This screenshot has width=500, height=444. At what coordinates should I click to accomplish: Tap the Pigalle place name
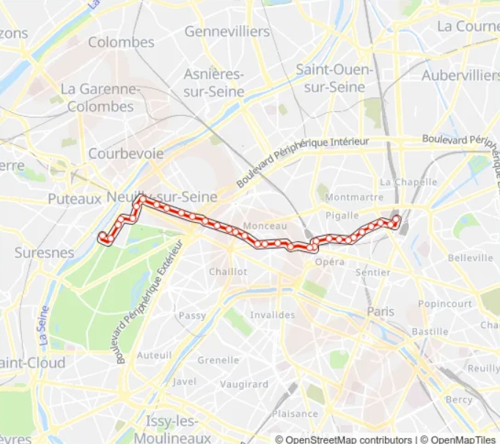pyautogui.click(x=342, y=215)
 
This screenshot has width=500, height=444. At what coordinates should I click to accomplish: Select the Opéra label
pyautogui.click(x=330, y=262)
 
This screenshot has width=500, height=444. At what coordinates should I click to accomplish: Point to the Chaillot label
pyautogui.click(x=228, y=271)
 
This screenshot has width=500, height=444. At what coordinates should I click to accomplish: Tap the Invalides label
pyautogui.click(x=273, y=315)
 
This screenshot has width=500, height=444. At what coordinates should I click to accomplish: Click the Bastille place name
pyautogui.click(x=430, y=331)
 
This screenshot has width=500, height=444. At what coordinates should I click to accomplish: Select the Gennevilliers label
pyautogui.click(x=227, y=32)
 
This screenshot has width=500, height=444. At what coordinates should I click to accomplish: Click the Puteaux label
pyautogui.click(x=73, y=199)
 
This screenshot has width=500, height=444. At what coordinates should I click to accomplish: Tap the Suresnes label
pyautogui.click(x=44, y=253)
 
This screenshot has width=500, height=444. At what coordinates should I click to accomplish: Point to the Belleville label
pyautogui.click(x=471, y=258)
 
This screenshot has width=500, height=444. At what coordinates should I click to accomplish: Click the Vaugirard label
pyautogui.click(x=244, y=384)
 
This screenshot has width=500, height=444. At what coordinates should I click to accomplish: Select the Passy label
pyautogui.click(x=193, y=315)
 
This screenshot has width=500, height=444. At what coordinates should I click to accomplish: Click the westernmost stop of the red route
pyautogui.click(x=103, y=235)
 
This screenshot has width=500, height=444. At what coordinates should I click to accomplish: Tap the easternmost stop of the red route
pyautogui.click(x=397, y=218)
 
